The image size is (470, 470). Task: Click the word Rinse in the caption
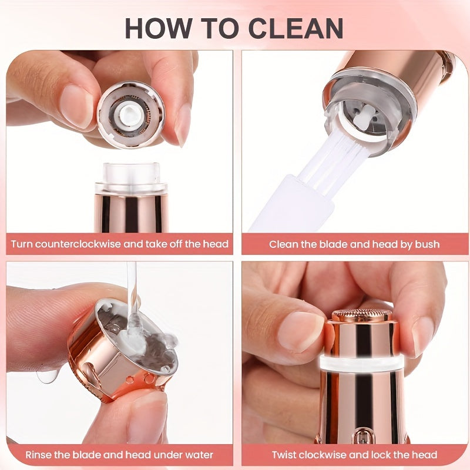click(39, 455)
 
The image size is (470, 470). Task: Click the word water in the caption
click(199, 455)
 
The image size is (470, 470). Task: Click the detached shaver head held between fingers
click(130, 114)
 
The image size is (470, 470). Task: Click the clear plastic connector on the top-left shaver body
click(130, 176)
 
